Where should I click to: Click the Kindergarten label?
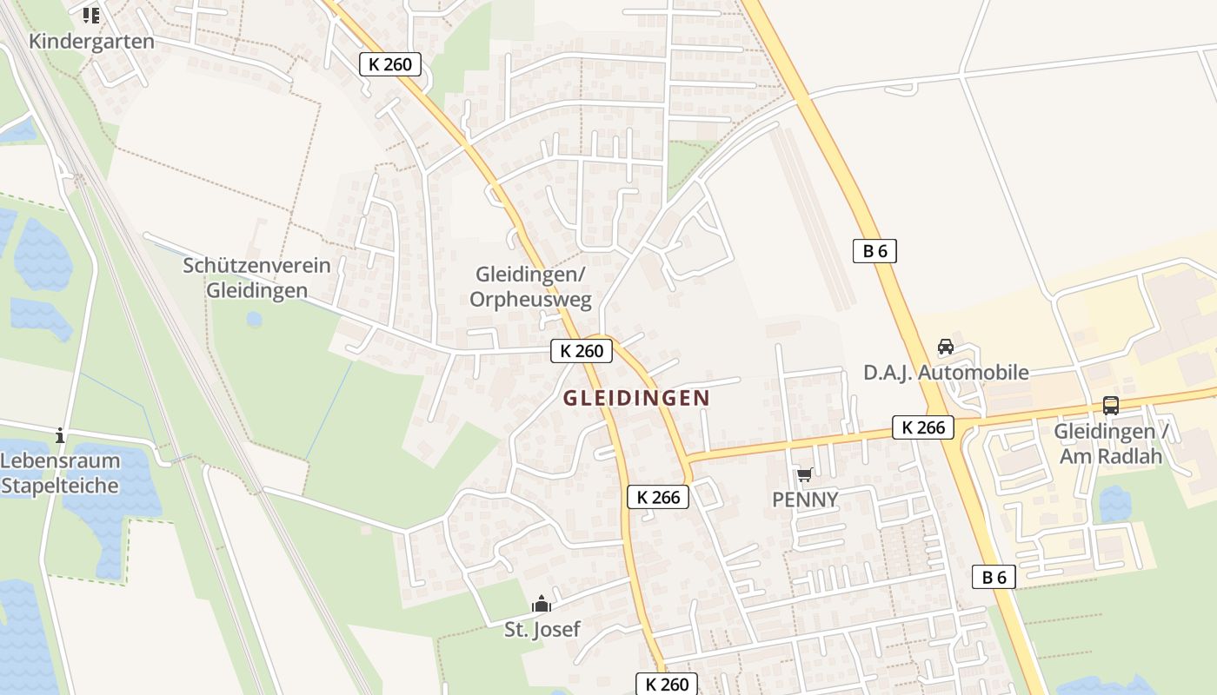(x=91, y=41)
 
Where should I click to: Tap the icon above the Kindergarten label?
(x=91, y=15)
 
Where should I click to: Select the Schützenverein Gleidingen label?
(x=256, y=278)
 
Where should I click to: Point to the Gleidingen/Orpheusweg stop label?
(x=530, y=287)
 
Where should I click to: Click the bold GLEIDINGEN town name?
(x=636, y=398)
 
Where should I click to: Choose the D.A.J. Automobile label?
(x=946, y=373)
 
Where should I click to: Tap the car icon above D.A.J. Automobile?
(x=946, y=347)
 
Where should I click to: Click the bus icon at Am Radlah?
(x=1110, y=405)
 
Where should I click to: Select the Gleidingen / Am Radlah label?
(x=1111, y=443)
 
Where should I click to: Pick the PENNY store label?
(x=805, y=500)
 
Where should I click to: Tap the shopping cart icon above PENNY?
(x=804, y=474)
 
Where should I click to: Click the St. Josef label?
(x=542, y=629)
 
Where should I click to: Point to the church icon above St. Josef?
(x=542, y=604)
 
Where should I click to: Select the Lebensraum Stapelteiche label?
(x=60, y=473)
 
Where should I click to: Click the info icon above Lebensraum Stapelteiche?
(x=60, y=434)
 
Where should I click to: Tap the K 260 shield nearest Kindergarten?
(x=390, y=63)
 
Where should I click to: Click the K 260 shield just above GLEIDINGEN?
(x=582, y=351)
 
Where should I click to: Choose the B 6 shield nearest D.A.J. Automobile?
(x=875, y=252)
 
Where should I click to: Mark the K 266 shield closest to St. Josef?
(x=658, y=497)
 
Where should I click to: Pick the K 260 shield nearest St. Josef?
(x=668, y=684)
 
